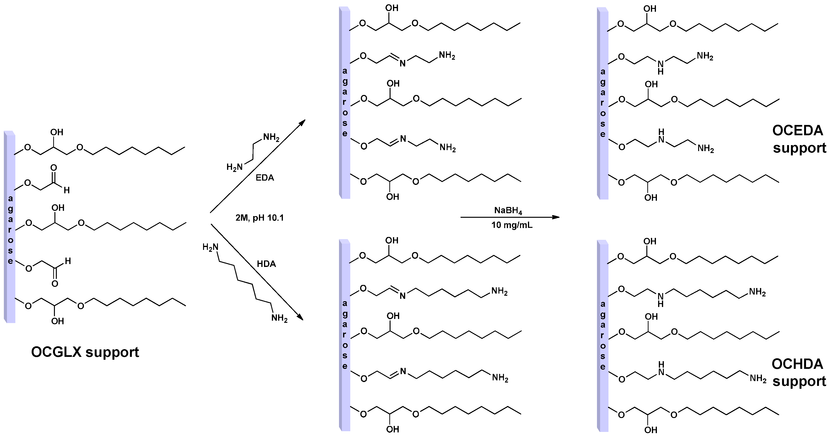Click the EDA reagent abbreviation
tap(264, 178)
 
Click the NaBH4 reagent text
tap(508, 211)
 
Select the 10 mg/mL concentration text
tap(512, 225)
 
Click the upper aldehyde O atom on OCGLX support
tap(54, 168)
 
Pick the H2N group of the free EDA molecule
tap(234, 167)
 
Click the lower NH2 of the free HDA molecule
tap(279, 318)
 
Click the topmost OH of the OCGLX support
tap(57, 132)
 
